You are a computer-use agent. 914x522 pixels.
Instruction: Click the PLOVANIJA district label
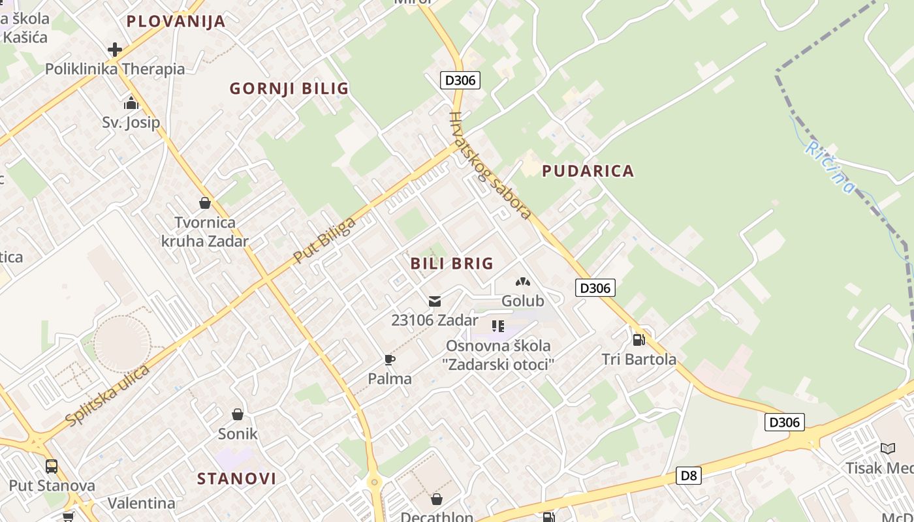coord(176,22)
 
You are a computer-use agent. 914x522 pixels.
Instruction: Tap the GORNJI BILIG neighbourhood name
coord(289,89)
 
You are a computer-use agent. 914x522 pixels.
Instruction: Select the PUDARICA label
coord(588,171)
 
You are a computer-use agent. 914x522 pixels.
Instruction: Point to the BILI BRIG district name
coord(452,264)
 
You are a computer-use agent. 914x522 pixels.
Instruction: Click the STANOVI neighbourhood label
coord(236,479)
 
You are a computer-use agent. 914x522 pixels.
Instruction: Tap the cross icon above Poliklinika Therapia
coord(115,50)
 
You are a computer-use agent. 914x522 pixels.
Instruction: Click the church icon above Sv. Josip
coord(131,103)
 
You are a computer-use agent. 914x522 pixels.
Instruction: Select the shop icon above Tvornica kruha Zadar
coord(205,203)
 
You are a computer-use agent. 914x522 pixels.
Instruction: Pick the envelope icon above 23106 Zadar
coord(434,301)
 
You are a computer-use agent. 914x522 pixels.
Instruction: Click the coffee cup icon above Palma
coord(390,360)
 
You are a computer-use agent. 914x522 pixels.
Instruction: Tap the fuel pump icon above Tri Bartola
coord(638,339)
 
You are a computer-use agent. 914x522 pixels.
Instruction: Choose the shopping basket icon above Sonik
coord(238,414)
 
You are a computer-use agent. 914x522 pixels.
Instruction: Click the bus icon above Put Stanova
coord(52,466)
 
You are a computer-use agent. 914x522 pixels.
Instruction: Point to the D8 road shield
coord(689,476)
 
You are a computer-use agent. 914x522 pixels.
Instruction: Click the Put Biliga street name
coord(324,240)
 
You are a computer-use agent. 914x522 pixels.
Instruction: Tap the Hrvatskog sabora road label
coord(490,166)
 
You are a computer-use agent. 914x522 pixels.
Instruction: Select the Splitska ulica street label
coord(108,395)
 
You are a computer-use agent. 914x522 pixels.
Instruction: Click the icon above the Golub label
coord(522,282)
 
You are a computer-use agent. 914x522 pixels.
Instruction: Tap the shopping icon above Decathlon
coord(437,499)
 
